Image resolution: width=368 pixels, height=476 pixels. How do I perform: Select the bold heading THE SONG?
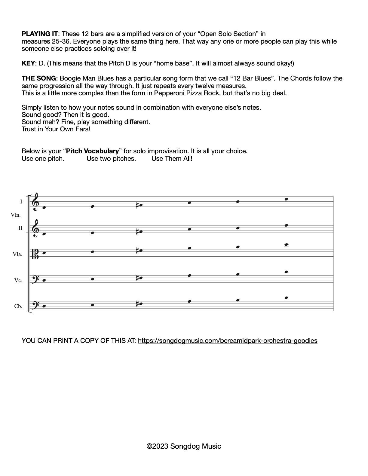[x=38, y=78]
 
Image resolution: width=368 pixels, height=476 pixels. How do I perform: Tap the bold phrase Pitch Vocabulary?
[x=93, y=151]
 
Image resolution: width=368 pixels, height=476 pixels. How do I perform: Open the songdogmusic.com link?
[x=228, y=341]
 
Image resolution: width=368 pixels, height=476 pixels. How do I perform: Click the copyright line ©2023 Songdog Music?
[x=184, y=447]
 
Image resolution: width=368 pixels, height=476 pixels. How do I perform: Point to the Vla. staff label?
[x=17, y=255]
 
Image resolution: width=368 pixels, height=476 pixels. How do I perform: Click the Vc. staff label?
[x=18, y=281]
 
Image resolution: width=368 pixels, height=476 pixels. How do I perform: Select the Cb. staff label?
[x=18, y=307]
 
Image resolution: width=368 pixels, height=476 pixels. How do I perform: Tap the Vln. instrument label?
[x=16, y=215]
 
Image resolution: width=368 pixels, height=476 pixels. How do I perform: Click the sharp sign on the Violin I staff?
[x=137, y=206]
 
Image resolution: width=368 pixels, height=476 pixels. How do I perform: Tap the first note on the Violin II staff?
[x=44, y=234]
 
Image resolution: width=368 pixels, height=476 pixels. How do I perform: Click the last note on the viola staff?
[x=286, y=245]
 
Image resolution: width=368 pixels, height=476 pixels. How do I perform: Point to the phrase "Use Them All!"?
[x=172, y=159]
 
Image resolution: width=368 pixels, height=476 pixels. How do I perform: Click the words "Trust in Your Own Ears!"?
[x=56, y=129]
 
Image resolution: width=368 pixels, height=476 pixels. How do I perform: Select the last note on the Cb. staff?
[x=286, y=298]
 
